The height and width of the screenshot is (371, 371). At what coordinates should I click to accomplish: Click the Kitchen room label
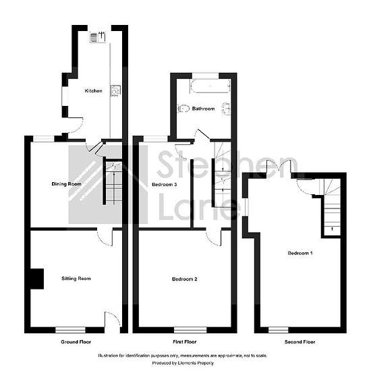94,91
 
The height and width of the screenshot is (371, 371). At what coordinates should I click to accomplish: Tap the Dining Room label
67,184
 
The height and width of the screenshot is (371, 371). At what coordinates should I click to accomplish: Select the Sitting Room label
76,279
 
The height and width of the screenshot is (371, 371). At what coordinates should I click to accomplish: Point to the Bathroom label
204,109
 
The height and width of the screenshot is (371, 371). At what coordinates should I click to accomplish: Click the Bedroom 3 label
165,184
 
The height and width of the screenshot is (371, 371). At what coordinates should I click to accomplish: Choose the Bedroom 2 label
185,279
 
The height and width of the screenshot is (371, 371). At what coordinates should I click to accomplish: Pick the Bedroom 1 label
300,253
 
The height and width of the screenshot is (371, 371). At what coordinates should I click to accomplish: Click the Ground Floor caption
76,342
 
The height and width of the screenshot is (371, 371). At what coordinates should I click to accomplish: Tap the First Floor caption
185,342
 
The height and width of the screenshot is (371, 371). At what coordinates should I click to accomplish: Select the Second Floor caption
300,342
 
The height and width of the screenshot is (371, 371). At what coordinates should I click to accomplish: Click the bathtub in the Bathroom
210,86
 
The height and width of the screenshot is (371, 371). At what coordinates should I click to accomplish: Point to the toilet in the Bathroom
183,109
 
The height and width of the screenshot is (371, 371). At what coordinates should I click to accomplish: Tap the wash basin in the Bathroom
226,109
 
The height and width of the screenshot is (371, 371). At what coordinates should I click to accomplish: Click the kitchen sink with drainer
98,37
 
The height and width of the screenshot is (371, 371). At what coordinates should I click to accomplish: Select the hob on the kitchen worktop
116,90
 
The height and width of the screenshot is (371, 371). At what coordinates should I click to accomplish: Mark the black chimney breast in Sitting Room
37,279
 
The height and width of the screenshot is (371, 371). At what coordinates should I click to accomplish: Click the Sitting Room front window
70,330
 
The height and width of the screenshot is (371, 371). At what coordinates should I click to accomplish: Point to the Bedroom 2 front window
190,330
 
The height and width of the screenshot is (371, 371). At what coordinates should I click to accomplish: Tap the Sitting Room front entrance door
113,320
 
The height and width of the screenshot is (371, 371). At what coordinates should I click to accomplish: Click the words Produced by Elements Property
183,363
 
